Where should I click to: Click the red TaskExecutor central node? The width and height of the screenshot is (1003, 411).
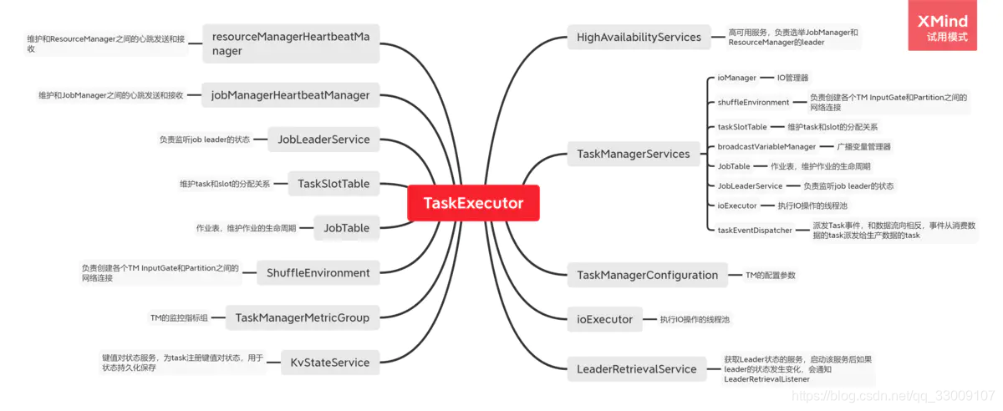pyautogui.click(x=473, y=203)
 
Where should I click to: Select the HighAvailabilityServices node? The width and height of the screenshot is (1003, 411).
pyautogui.click(x=639, y=38)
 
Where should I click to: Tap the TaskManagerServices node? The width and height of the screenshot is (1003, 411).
pyautogui.click(x=634, y=154)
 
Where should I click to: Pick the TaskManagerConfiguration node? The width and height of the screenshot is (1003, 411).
pyautogui.click(x=647, y=275)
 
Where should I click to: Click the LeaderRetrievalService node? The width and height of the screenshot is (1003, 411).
pyautogui.click(x=636, y=369)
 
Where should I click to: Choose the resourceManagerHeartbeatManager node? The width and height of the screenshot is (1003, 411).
pyautogui.click(x=290, y=43)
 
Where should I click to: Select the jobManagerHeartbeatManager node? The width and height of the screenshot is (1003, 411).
pyautogui.click(x=290, y=95)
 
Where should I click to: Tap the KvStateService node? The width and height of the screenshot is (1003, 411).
pyautogui.click(x=329, y=363)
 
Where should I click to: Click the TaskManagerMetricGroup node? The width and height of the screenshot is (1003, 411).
pyautogui.click(x=302, y=317)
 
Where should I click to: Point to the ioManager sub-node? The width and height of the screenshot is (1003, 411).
pyautogui.click(x=736, y=78)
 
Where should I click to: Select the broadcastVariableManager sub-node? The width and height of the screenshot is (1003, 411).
pyautogui.click(x=755, y=147)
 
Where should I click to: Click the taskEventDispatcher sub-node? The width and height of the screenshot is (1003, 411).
pyautogui.click(x=755, y=231)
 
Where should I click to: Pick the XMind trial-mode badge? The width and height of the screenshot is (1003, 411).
pyautogui.click(x=942, y=27)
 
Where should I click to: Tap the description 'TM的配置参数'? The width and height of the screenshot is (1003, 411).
pyautogui.click(x=771, y=275)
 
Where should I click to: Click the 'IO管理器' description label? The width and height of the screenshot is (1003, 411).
pyautogui.click(x=792, y=78)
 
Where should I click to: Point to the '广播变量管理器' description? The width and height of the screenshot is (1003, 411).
pyautogui.click(x=863, y=147)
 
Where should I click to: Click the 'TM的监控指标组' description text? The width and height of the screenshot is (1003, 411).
pyautogui.click(x=179, y=317)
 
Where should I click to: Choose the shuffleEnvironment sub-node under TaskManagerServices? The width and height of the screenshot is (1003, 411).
pyautogui.click(x=753, y=103)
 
